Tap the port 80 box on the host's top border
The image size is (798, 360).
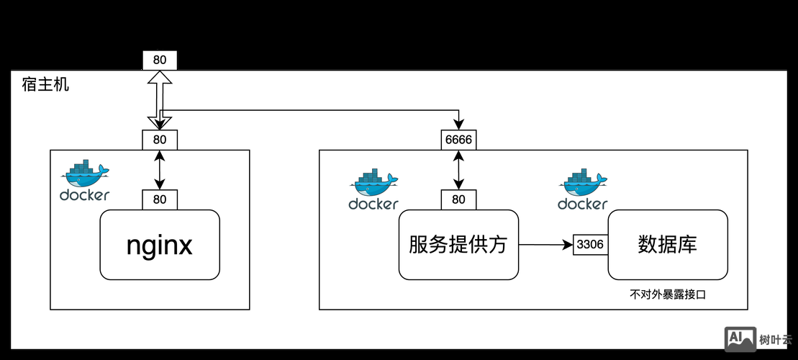tap(160, 60)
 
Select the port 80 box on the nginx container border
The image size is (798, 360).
tap(160, 140)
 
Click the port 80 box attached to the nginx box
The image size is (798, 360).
tap(160, 199)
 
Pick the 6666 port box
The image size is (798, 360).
tap(458, 140)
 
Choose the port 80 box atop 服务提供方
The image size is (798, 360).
tap(458, 199)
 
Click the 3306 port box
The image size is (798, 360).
tap(590, 245)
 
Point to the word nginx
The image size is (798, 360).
tap(159, 245)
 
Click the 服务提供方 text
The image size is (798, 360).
tap(458, 245)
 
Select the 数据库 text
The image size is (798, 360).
tap(667, 245)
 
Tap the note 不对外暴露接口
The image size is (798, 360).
tap(674, 295)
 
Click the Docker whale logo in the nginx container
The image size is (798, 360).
tap(84, 180)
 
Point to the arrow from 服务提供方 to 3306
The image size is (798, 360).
tap(545, 245)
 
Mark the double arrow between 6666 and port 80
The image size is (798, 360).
tap(458, 170)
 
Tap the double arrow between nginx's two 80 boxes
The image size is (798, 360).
tap(160, 170)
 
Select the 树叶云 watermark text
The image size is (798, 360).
tap(776, 339)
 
